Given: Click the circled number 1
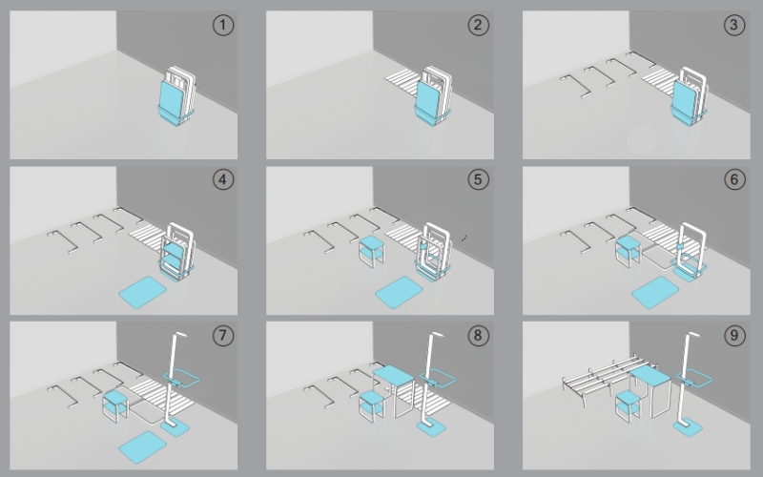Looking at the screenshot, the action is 223,25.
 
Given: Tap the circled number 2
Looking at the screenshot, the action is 479,25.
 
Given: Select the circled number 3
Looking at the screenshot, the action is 734,25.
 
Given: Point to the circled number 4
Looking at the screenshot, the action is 223,179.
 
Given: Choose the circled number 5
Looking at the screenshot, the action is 479,179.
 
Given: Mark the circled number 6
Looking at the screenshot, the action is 734,179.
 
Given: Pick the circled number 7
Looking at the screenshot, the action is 223,336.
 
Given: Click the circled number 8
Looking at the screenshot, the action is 479,336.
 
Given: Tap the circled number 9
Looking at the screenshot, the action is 734,336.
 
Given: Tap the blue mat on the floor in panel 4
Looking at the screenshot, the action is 142,292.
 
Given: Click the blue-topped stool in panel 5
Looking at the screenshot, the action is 372,251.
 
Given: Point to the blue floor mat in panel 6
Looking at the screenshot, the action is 655,292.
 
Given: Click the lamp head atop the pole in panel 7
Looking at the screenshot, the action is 180,336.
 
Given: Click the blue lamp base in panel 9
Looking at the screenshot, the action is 688,427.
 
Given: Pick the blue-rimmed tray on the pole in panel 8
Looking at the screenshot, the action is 438,378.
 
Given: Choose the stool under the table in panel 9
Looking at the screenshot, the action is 629,404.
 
